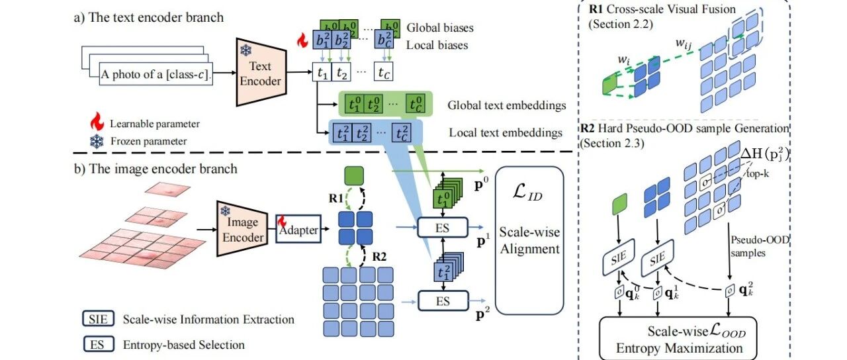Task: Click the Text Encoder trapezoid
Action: coord(261,72)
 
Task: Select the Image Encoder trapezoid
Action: coord(242,229)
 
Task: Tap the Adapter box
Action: coord(298,229)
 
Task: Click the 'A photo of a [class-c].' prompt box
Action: coord(156,74)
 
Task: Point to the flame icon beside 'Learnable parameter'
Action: coord(97,121)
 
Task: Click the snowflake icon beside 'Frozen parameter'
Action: coord(97,142)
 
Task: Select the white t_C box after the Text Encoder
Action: coord(383,72)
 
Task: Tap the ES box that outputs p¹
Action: coord(443,228)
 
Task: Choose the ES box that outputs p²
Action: coord(443,301)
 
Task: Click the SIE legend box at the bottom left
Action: coord(99,319)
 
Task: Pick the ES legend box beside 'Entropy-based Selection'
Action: coord(99,344)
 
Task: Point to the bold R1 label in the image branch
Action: coord(336,198)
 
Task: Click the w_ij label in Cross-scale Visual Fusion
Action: coord(684,44)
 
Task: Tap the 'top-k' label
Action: coord(758,173)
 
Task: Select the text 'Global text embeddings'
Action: coord(507,105)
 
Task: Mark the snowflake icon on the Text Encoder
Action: coord(246,50)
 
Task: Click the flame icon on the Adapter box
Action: coord(282,222)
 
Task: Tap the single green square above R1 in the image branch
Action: coord(354,176)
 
